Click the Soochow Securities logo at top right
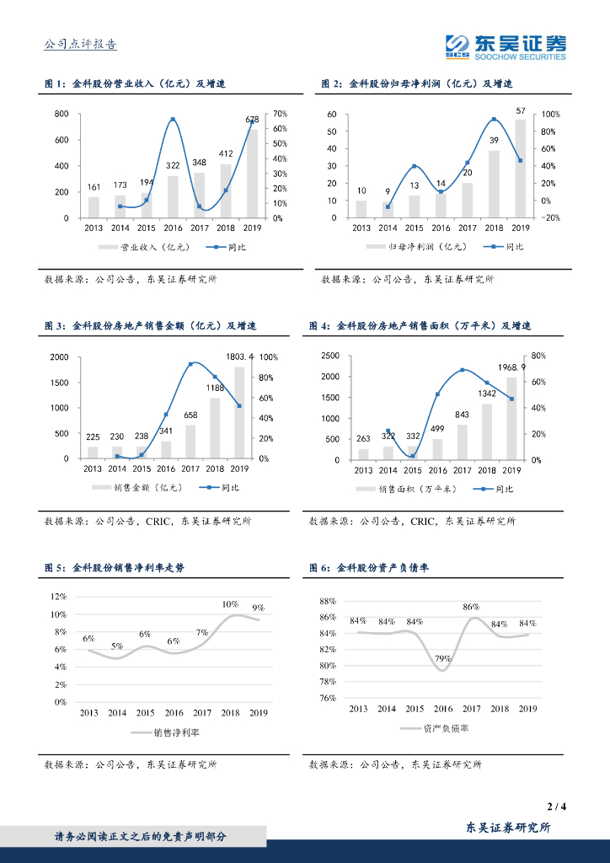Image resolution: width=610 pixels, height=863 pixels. click(x=506, y=46)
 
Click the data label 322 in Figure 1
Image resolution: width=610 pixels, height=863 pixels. click(x=173, y=166)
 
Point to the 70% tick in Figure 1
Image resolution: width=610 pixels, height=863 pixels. click(x=281, y=114)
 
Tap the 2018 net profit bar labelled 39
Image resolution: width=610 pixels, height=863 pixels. click(x=494, y=185)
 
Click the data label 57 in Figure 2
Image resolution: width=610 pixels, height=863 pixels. click(x=521, y=110)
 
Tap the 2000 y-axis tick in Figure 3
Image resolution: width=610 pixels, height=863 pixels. click(x=58, y=357)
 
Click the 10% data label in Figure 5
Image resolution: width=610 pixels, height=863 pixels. click(x=230, y=604)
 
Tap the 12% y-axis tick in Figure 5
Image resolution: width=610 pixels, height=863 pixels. click(x=58, y=597)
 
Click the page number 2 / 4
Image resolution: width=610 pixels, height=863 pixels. click(x=556, y=807)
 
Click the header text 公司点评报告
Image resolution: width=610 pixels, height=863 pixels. click(x=80, y=45)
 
